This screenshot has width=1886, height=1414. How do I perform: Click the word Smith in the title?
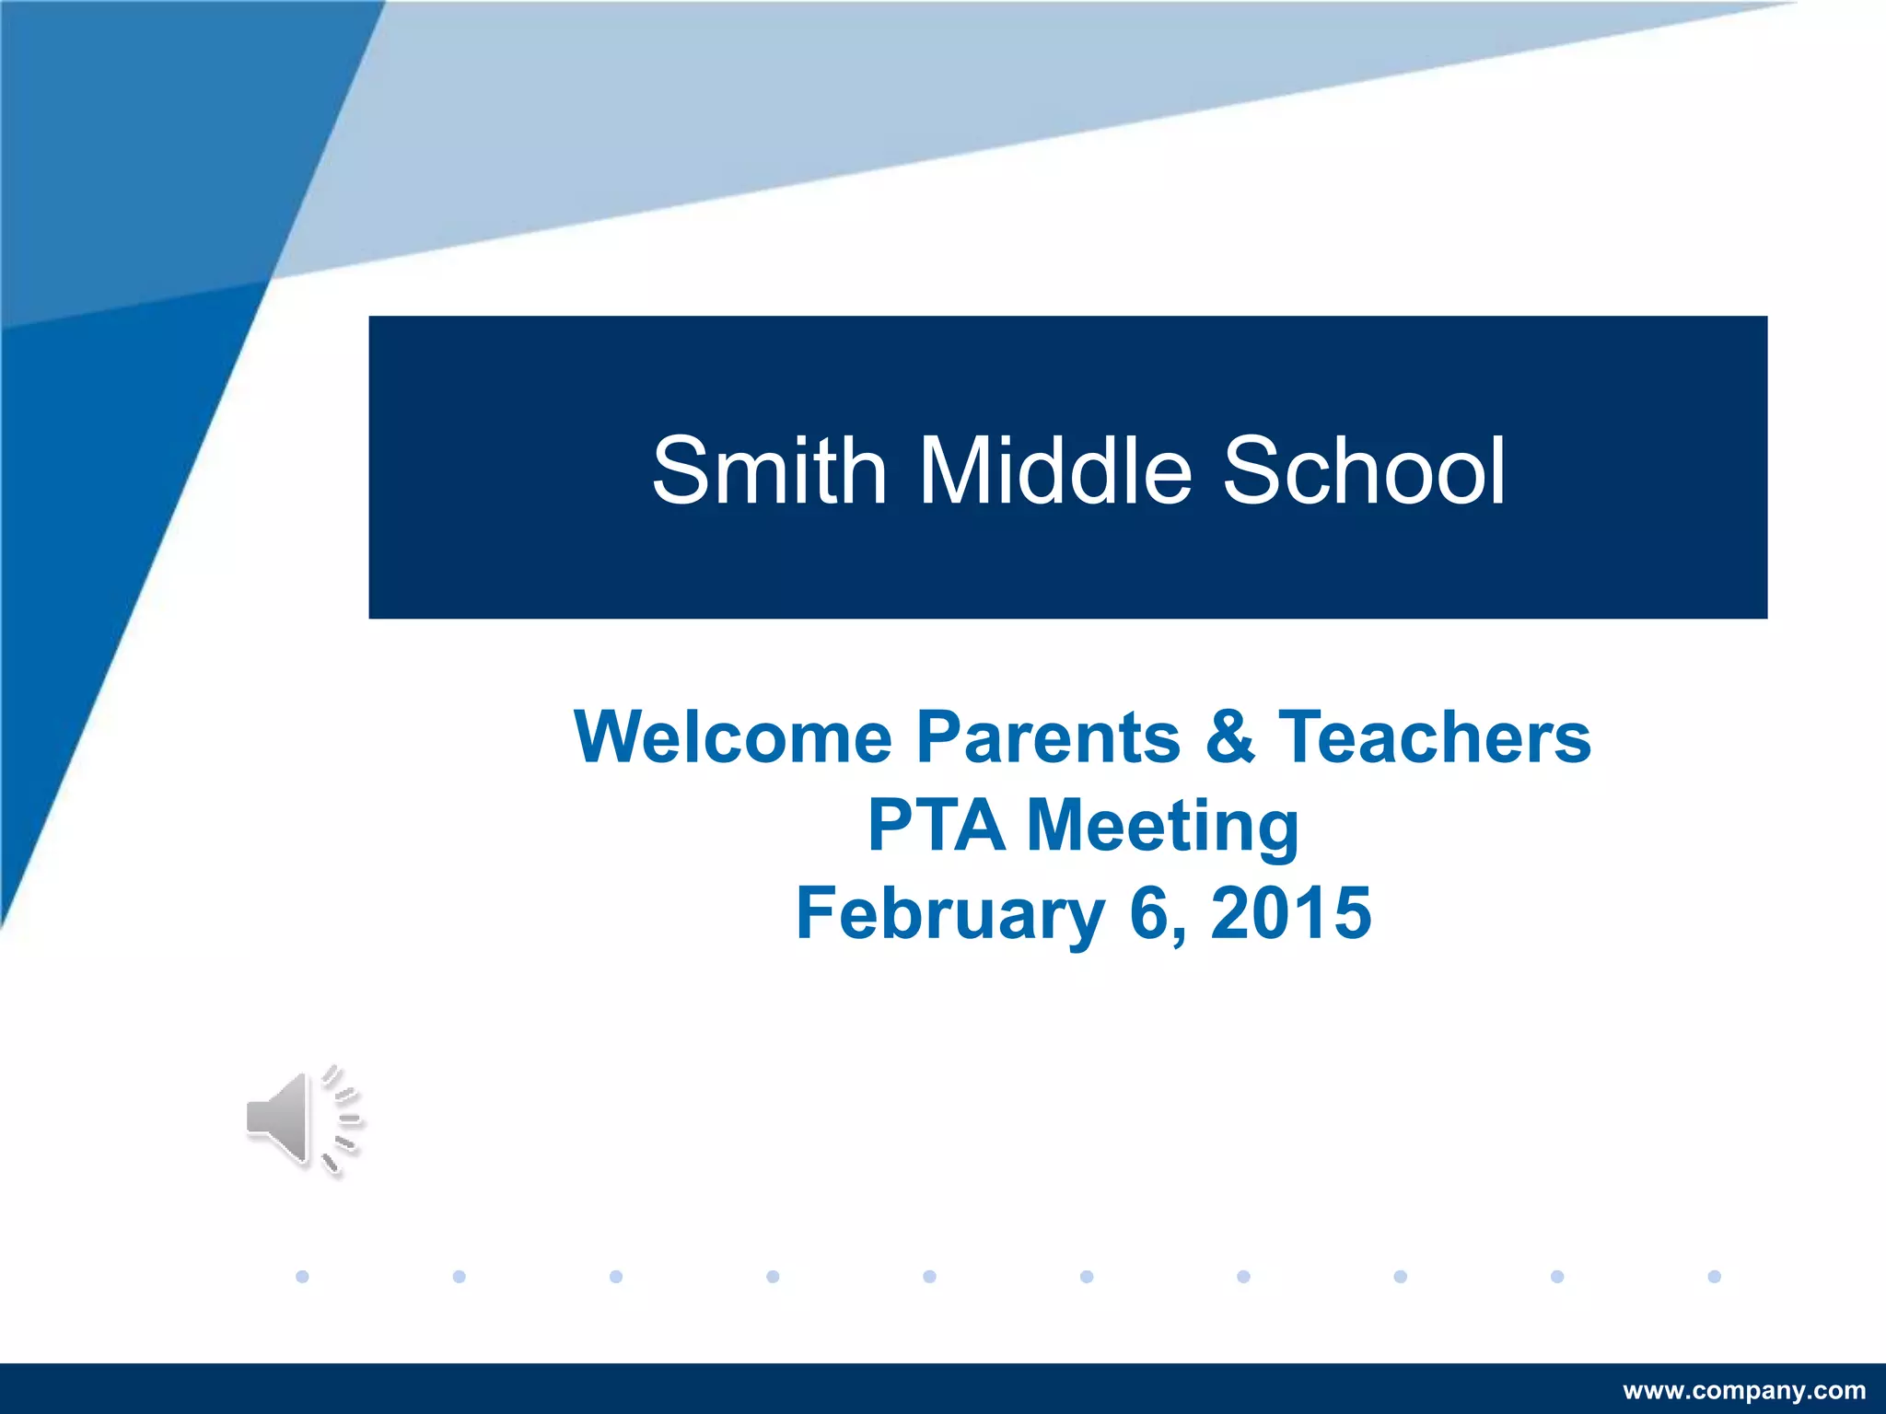tap(769, 471)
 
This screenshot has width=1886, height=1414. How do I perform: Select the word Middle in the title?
tap(1055, 471)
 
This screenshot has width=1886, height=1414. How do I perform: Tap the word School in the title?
tap(1364, 471)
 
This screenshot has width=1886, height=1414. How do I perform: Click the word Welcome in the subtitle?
tap(733, 737)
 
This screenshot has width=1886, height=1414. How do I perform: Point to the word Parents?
tap(1049, 737)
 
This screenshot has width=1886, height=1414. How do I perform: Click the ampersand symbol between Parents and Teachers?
tap(1230, 737)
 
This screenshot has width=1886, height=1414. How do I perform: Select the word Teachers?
tap(1435, 737)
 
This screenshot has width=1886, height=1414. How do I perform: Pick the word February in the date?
tap(949, 913)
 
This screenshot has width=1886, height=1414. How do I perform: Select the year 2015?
tap(1291, 912)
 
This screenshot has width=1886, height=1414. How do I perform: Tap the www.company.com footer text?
tap(1743, 1390)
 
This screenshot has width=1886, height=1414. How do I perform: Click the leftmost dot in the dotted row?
tap(302, 1276)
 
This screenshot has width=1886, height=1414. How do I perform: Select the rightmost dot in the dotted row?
tap(1714, 1276)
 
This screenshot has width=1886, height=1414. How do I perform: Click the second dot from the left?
tap(460, 1276)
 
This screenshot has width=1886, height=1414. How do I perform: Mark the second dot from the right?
tap(1557, 1276)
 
